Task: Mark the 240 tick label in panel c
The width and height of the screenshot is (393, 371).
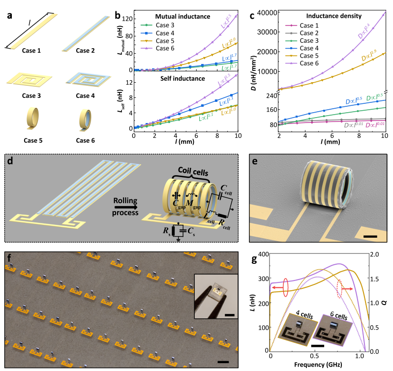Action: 269,96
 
